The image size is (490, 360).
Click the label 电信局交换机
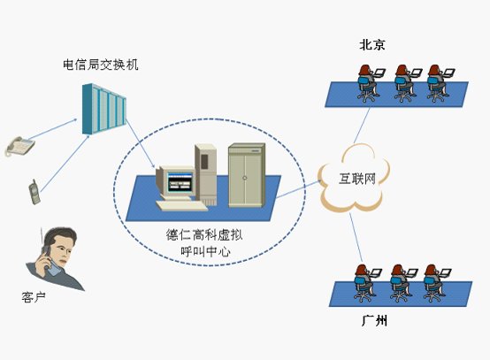coord(100,65)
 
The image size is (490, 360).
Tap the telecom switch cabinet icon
coord(104,109)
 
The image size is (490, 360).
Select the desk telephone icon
coord(20,146)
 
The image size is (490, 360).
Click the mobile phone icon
coord(34,193)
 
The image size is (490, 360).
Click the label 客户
coord(34,297)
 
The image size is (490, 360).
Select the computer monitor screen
coord(180,182)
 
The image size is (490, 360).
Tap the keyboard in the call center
coord(181,205)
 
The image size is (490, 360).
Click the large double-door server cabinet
coord(247,175)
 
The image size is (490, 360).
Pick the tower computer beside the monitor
coord(205,174)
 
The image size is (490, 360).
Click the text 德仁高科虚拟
coord(204,234)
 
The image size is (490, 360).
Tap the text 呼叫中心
coord(205,251)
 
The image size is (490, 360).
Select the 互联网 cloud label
coord(357,179)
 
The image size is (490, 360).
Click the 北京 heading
coord(372,45)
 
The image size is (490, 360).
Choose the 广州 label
coord(374,320)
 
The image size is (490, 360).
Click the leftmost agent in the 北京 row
coord(370,83)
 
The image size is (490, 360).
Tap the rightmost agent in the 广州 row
coord(436,283)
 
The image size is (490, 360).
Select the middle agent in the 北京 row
coord(407,83)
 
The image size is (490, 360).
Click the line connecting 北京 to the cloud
coord(362,125)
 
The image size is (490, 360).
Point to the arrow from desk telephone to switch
coord(52,129)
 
